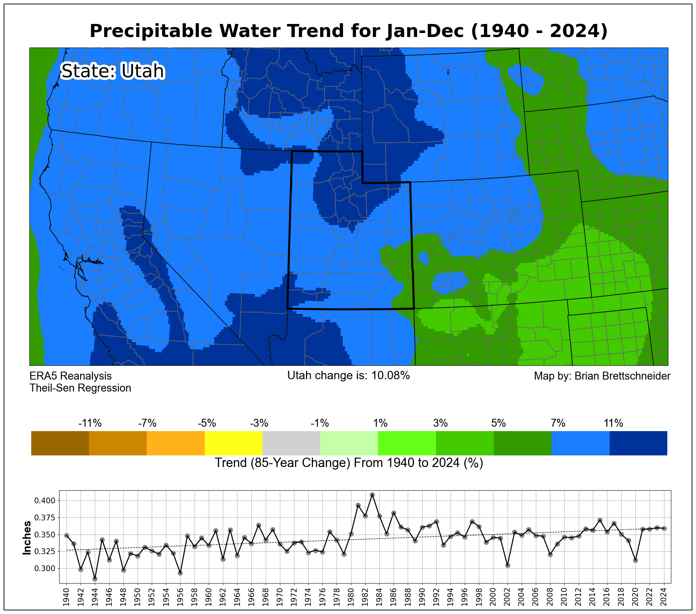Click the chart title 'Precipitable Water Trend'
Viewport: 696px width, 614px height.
[348, 31]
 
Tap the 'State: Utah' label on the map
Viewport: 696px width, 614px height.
[113, 71]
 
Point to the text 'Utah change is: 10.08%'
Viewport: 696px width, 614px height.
[348, 376]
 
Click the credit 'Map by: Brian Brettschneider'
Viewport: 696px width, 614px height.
[602, 376]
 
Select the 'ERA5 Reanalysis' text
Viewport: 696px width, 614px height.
[70, 376]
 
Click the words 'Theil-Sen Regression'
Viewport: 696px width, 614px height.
[80, 388]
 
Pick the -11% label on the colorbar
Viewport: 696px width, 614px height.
[90, 423]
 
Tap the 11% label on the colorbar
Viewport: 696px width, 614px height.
[613, 423]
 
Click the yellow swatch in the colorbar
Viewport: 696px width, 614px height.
[233, 443]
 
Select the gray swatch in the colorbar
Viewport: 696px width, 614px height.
[291, 443]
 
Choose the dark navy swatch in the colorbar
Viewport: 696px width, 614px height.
[638, 443]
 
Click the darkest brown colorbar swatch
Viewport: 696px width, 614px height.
[60, 443]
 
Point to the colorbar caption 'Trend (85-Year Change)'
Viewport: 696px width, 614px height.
[349, 463]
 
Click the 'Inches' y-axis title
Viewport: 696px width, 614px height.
[27, 538]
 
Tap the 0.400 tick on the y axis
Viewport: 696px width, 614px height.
[45, 501]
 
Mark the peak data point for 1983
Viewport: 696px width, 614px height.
[372, 495]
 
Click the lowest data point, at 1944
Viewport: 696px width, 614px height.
[95, 579]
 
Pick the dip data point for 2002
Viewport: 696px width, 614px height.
[508, 565]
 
